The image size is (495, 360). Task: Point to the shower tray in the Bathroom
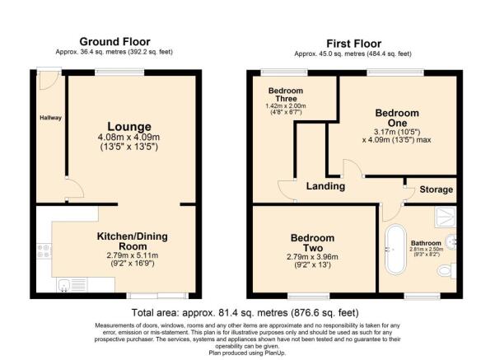point(441,215)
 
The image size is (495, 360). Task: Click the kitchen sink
point(65,286)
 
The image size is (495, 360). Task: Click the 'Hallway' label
point(51,118)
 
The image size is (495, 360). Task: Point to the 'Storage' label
point(436,189)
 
